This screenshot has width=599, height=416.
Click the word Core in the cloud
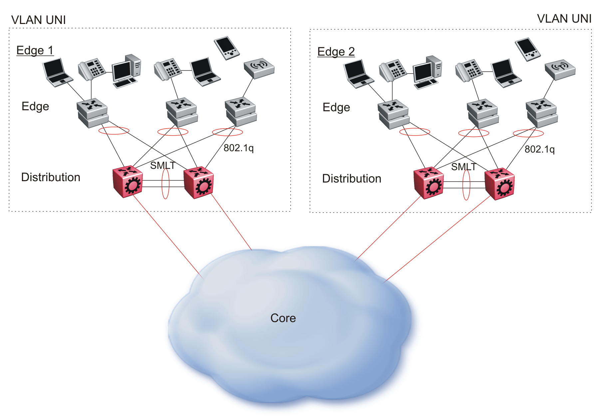coord(283,318)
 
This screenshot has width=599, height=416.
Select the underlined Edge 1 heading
coord(35,51)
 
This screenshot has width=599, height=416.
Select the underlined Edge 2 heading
coord(336,52)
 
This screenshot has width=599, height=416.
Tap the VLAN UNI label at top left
coord(38,20)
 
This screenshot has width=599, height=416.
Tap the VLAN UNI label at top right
coord(564,19)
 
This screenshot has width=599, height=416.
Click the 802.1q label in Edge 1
coord(238,148)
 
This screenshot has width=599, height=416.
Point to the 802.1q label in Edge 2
coord(539,149)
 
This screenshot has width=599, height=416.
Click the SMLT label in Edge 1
coord(162,165)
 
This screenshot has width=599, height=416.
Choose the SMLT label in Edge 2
coord(463,167)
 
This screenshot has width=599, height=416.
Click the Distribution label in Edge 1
coord(51,177)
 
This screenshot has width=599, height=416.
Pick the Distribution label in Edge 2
coord(352,179)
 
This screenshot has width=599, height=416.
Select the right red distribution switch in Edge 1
coord(199,183)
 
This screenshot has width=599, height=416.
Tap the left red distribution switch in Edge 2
coord(429,183)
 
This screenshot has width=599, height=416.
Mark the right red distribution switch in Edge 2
coord(500,184)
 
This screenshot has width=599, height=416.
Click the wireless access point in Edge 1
coord(259,68)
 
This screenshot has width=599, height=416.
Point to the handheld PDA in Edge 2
coord(528,50)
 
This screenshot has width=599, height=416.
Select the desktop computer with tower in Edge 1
coord(127,71)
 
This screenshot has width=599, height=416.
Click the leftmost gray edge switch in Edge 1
coord(92,113)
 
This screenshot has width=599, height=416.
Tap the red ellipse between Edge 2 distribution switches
coord(466,185)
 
